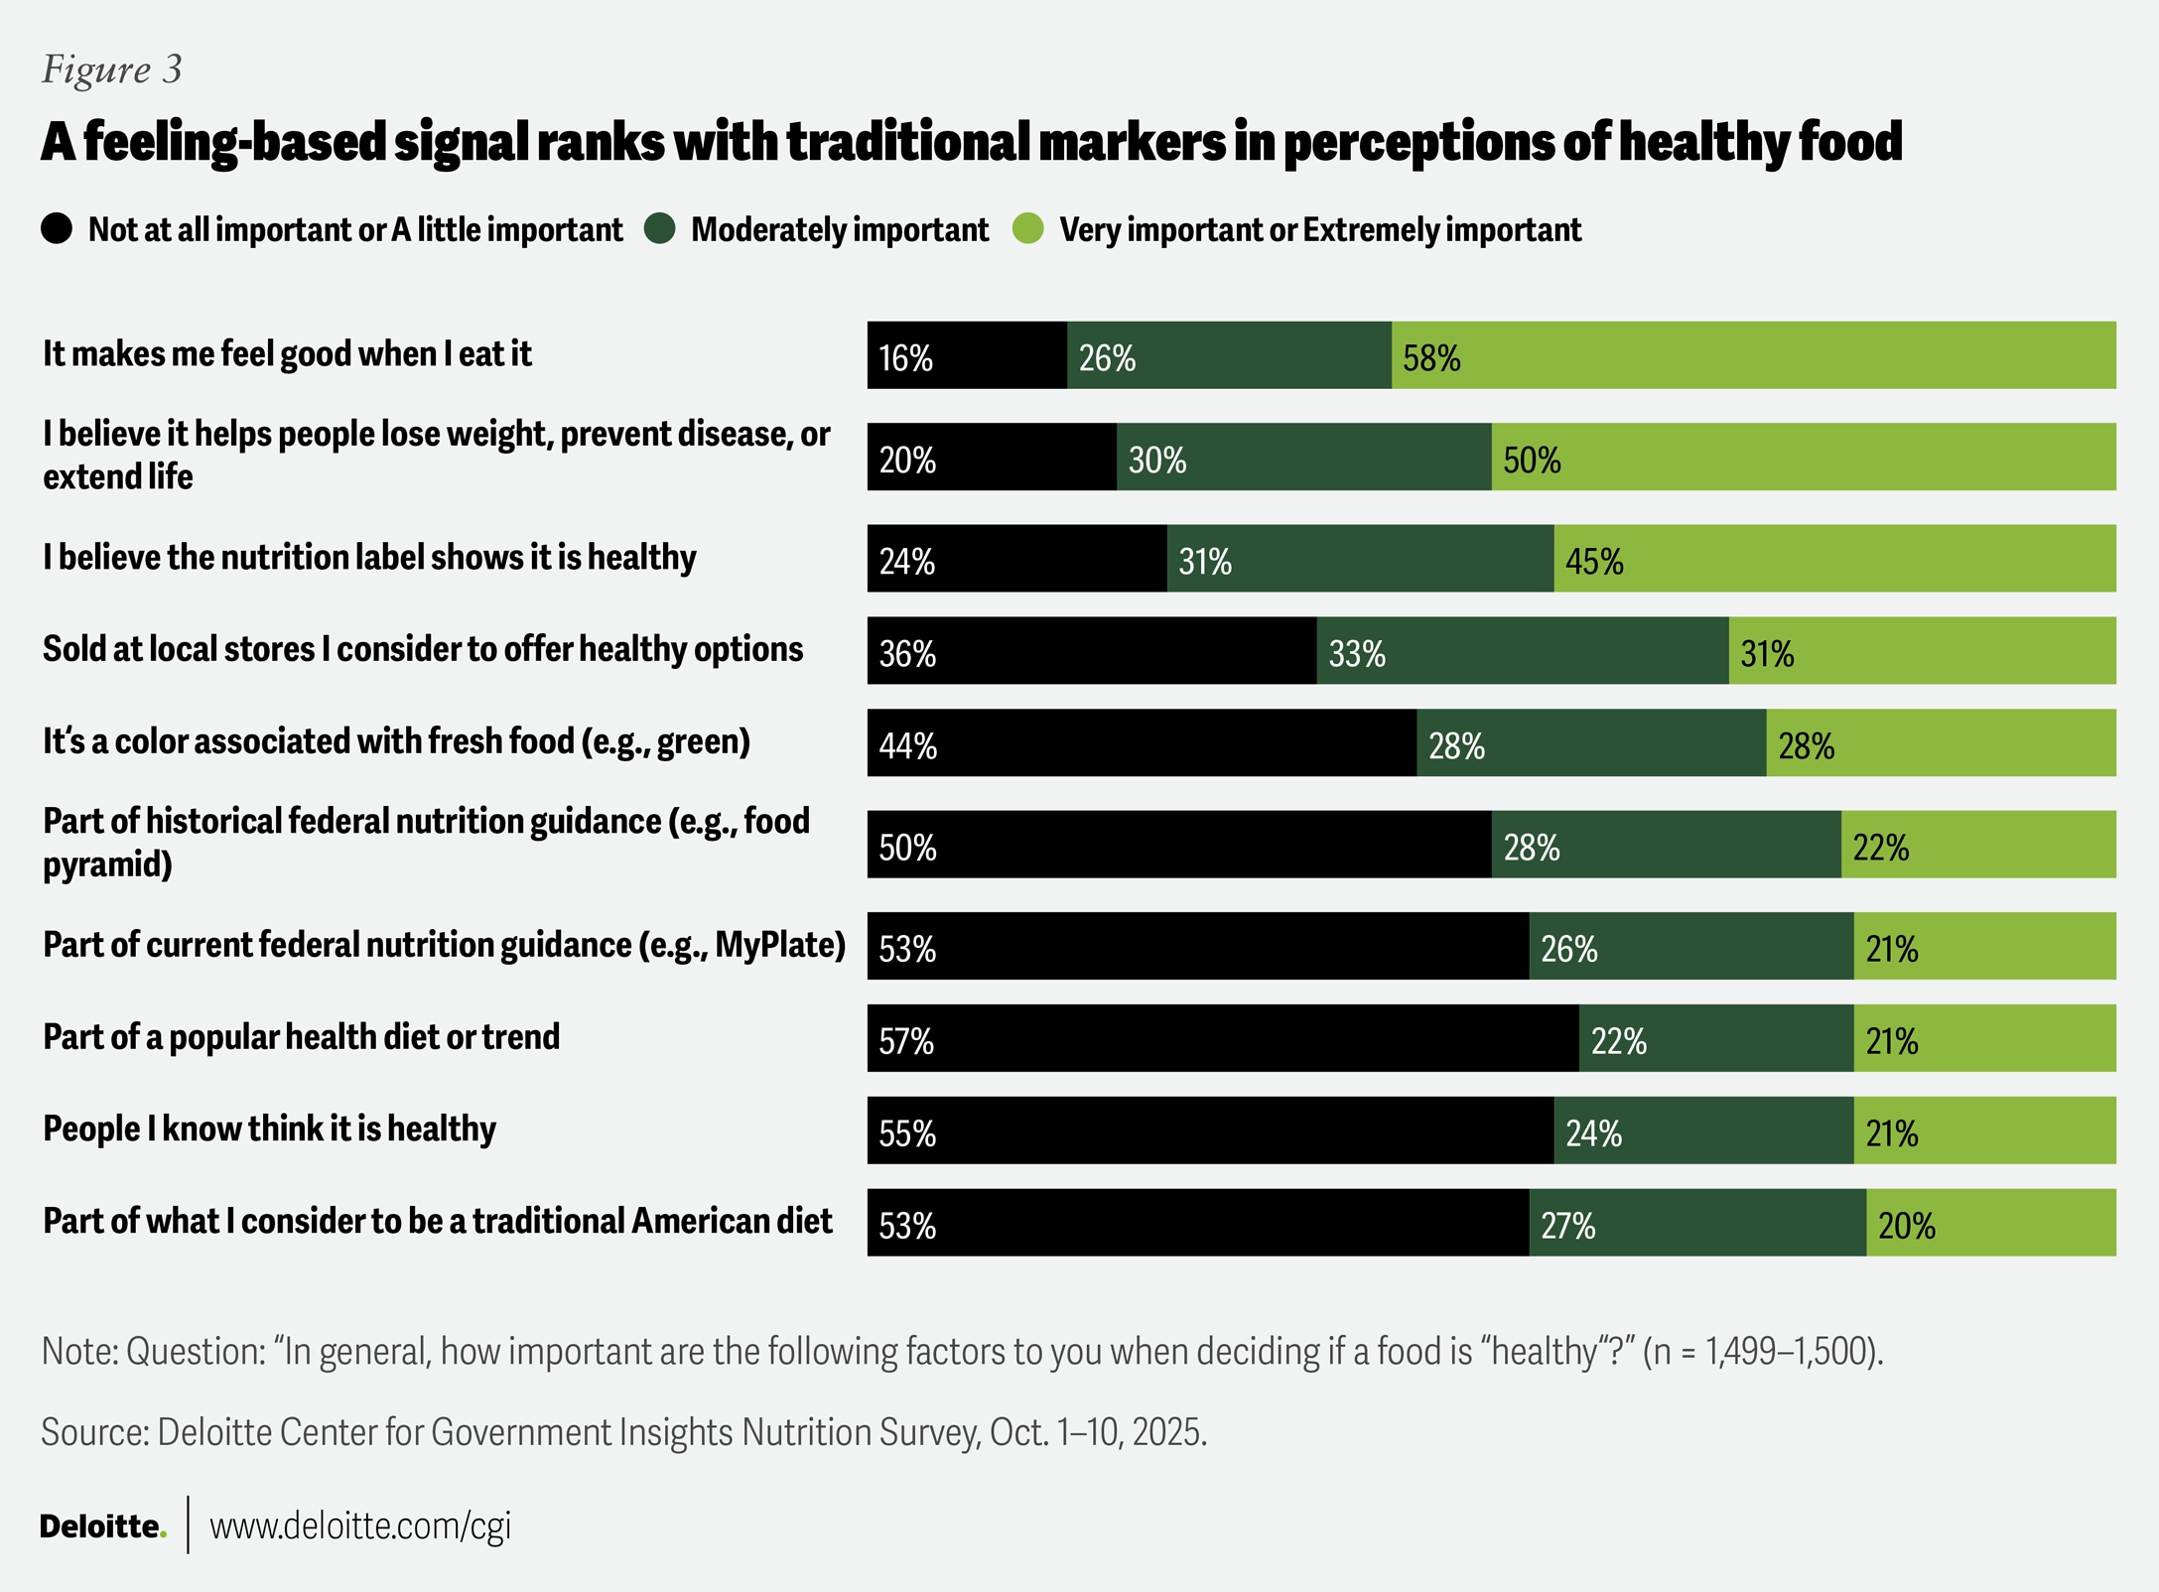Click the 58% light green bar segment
(x=1753, y=355)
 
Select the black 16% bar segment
(x=967, y=355)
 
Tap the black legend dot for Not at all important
(x=57, y=228)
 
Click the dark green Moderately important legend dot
(x=660, y=228)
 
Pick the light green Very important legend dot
(x=1028, y=228)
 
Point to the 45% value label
(x=1594, y=562)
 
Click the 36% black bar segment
(x=1092, y=651)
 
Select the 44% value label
(x=907, y=745)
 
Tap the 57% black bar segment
(x=1223, y=1038)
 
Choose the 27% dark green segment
(x=1697, y=1223)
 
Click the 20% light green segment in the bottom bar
(x=1990, y=1223)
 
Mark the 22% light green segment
(x=1978, y=845)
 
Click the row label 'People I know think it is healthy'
(x=269, y=1129)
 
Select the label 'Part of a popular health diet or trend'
(x=301, y=1037)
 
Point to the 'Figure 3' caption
(x=111, y=69)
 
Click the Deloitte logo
(x=102, y=1526)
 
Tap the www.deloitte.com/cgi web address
(x=360, y=1526)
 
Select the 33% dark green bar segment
(x=1523, y=651)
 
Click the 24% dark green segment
(x=1703, y=1130)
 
